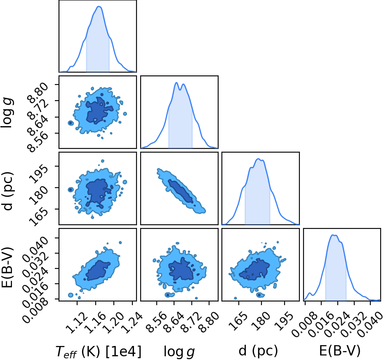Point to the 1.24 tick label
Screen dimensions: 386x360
[x=132, y=322]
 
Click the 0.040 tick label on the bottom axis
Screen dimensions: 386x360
[x=370, y=324]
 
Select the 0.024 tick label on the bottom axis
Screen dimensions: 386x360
[x=337, y=324]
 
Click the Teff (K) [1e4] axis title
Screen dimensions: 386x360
[x=99, y=351]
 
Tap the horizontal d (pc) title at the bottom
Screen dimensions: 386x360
[x=258, y=351]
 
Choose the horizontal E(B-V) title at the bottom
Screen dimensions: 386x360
[x=340, y=351]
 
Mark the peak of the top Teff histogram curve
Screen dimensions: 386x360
[x=99, y=7]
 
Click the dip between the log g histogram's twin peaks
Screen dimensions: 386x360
[x=180, y=89]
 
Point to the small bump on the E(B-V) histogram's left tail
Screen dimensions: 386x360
[x=310, y=293]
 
